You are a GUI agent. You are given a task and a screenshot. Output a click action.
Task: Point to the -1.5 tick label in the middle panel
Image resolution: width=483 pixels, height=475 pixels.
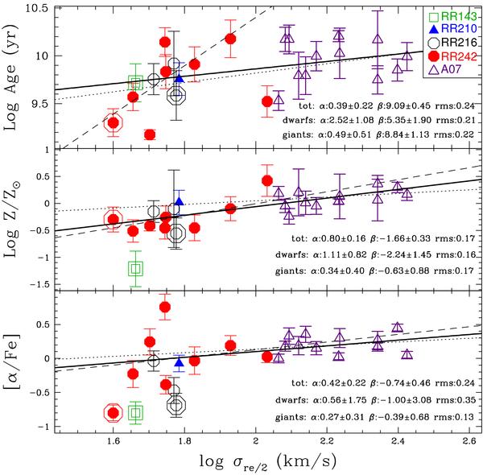coord(32,285)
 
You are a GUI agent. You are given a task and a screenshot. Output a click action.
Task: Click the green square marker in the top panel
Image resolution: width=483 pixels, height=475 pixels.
coord(135,83)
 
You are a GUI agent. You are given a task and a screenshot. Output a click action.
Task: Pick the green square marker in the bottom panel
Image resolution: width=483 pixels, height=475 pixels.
coord(135,412)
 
